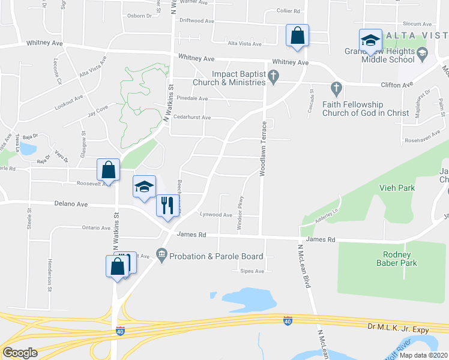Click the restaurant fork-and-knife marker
click(x=166, y=205)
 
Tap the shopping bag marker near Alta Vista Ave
click(x=297, y=36)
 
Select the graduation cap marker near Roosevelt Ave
click(x=144, y=188)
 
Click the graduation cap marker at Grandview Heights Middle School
click(x=370, y=41)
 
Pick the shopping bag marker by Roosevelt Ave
click(x=109, y=170)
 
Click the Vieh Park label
click(x=397, y=188)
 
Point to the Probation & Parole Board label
click(x=216, y=256)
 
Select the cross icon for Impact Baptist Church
click(x=274, y=76)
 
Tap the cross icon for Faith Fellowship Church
click(x=336, y=88)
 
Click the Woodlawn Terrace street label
click(x=262, y=148)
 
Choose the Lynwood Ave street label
click(x=216, y=214)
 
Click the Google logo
click(x=20, y=352)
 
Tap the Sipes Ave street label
click(x=252, y=271)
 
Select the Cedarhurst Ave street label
click(x=190, y=118)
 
